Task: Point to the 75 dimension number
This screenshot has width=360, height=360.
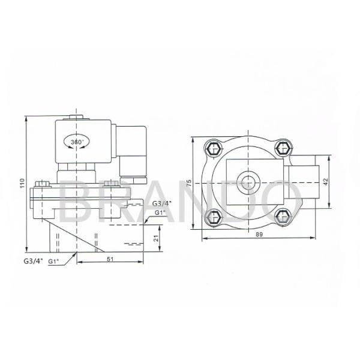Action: (x=188, y=183)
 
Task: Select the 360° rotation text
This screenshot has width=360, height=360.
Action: (x=76, y=142)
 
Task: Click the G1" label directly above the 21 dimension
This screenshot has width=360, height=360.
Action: (x=160, y=212)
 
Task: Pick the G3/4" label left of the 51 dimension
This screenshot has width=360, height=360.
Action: (x=33, y=262)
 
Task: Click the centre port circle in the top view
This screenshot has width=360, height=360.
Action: (x=247, y=179)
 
